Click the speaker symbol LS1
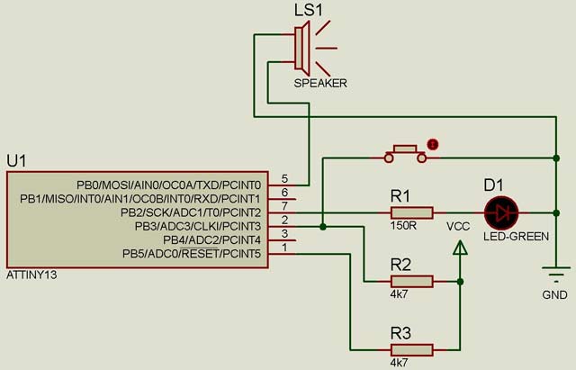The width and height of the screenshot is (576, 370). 303,46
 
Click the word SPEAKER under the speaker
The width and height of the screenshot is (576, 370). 319,84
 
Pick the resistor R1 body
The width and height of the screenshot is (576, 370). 411,212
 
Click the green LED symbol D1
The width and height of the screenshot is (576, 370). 500,212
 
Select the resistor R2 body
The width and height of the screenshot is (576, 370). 411,281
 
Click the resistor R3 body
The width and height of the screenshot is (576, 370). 411,349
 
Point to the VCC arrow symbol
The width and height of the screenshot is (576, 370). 460,257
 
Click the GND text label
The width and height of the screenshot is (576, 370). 554,294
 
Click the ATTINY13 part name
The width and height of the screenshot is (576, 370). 31,275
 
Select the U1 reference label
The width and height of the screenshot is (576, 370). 17,160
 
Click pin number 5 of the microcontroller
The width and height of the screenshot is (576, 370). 284,178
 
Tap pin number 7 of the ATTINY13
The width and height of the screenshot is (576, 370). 284,206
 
